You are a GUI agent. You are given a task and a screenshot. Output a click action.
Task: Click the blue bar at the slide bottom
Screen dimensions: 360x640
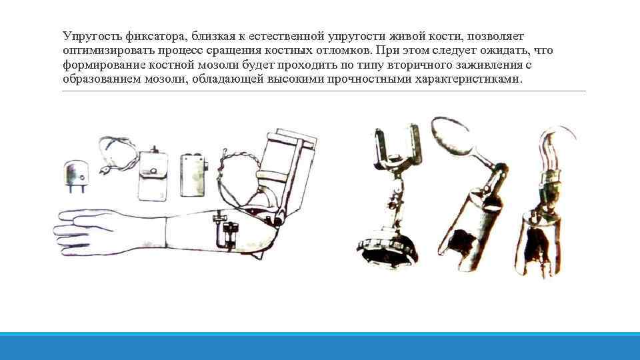[320, 346]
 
